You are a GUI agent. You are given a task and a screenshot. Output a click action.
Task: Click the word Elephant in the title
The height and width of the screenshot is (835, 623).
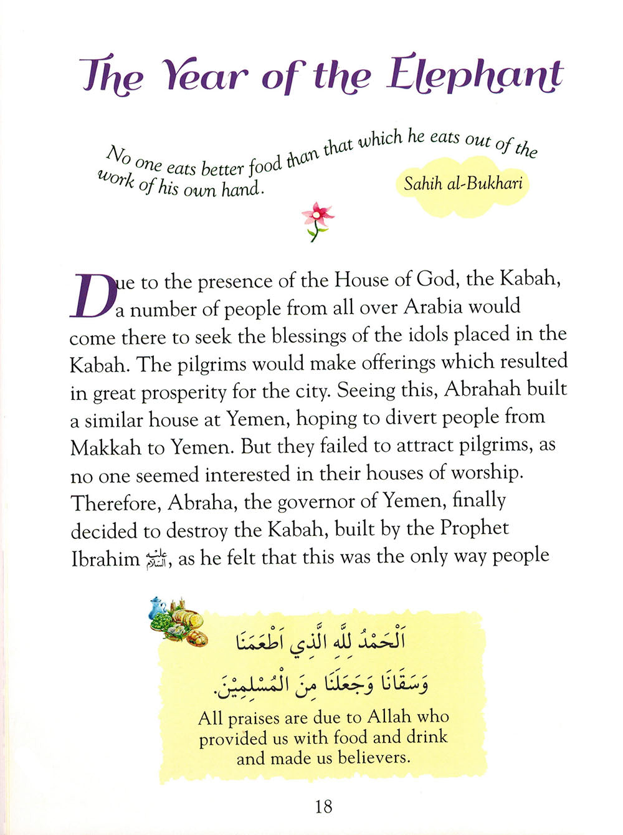pos(475,76)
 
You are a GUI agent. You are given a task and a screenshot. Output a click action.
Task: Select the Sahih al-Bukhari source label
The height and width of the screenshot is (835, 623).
pos(462,183)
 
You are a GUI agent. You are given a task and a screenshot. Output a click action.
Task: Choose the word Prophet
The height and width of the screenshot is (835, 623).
pos(474,528)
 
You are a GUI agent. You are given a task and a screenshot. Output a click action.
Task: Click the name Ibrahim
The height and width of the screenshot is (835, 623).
pos(105,558)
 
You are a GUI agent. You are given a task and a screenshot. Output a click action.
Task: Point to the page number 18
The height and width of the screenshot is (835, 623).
pos(323,806)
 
